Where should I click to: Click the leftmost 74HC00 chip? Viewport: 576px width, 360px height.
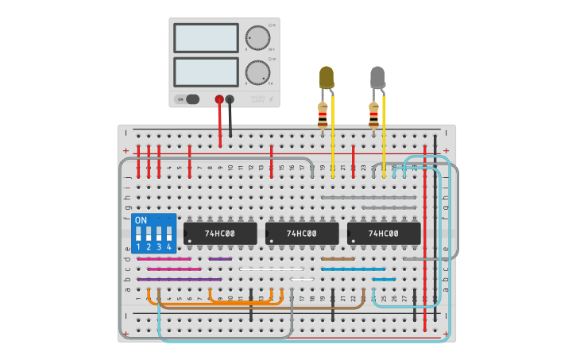[220, 233]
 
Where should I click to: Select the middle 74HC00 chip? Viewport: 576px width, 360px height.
[302, 233]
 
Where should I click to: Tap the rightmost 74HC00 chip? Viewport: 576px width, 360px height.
[384, 233]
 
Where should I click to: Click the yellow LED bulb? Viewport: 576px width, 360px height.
[327, 78]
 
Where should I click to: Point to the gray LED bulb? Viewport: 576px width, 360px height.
[377, 78]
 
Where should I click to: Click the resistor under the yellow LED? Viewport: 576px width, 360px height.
[322, 116]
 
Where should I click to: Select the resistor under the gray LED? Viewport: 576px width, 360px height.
[373, 116]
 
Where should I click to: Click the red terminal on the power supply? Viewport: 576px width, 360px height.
[219, 99]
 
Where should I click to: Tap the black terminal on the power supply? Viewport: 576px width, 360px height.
[230, 99]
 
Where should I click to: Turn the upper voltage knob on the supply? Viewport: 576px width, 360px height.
[257, 37]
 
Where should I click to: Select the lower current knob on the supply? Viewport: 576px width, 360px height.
[257, 72]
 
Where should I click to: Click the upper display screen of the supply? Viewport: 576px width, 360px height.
[206, 37]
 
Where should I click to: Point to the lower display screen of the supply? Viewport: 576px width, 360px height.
[206, 72]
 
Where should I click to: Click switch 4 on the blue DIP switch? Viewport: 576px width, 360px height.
[168, 234]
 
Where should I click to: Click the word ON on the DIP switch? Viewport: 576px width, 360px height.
[141, 220]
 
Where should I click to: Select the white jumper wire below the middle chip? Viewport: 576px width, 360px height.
[270, 269]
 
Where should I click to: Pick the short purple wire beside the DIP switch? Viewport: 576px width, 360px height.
[220, 259]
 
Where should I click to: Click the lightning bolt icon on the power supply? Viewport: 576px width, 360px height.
[270, 99]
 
